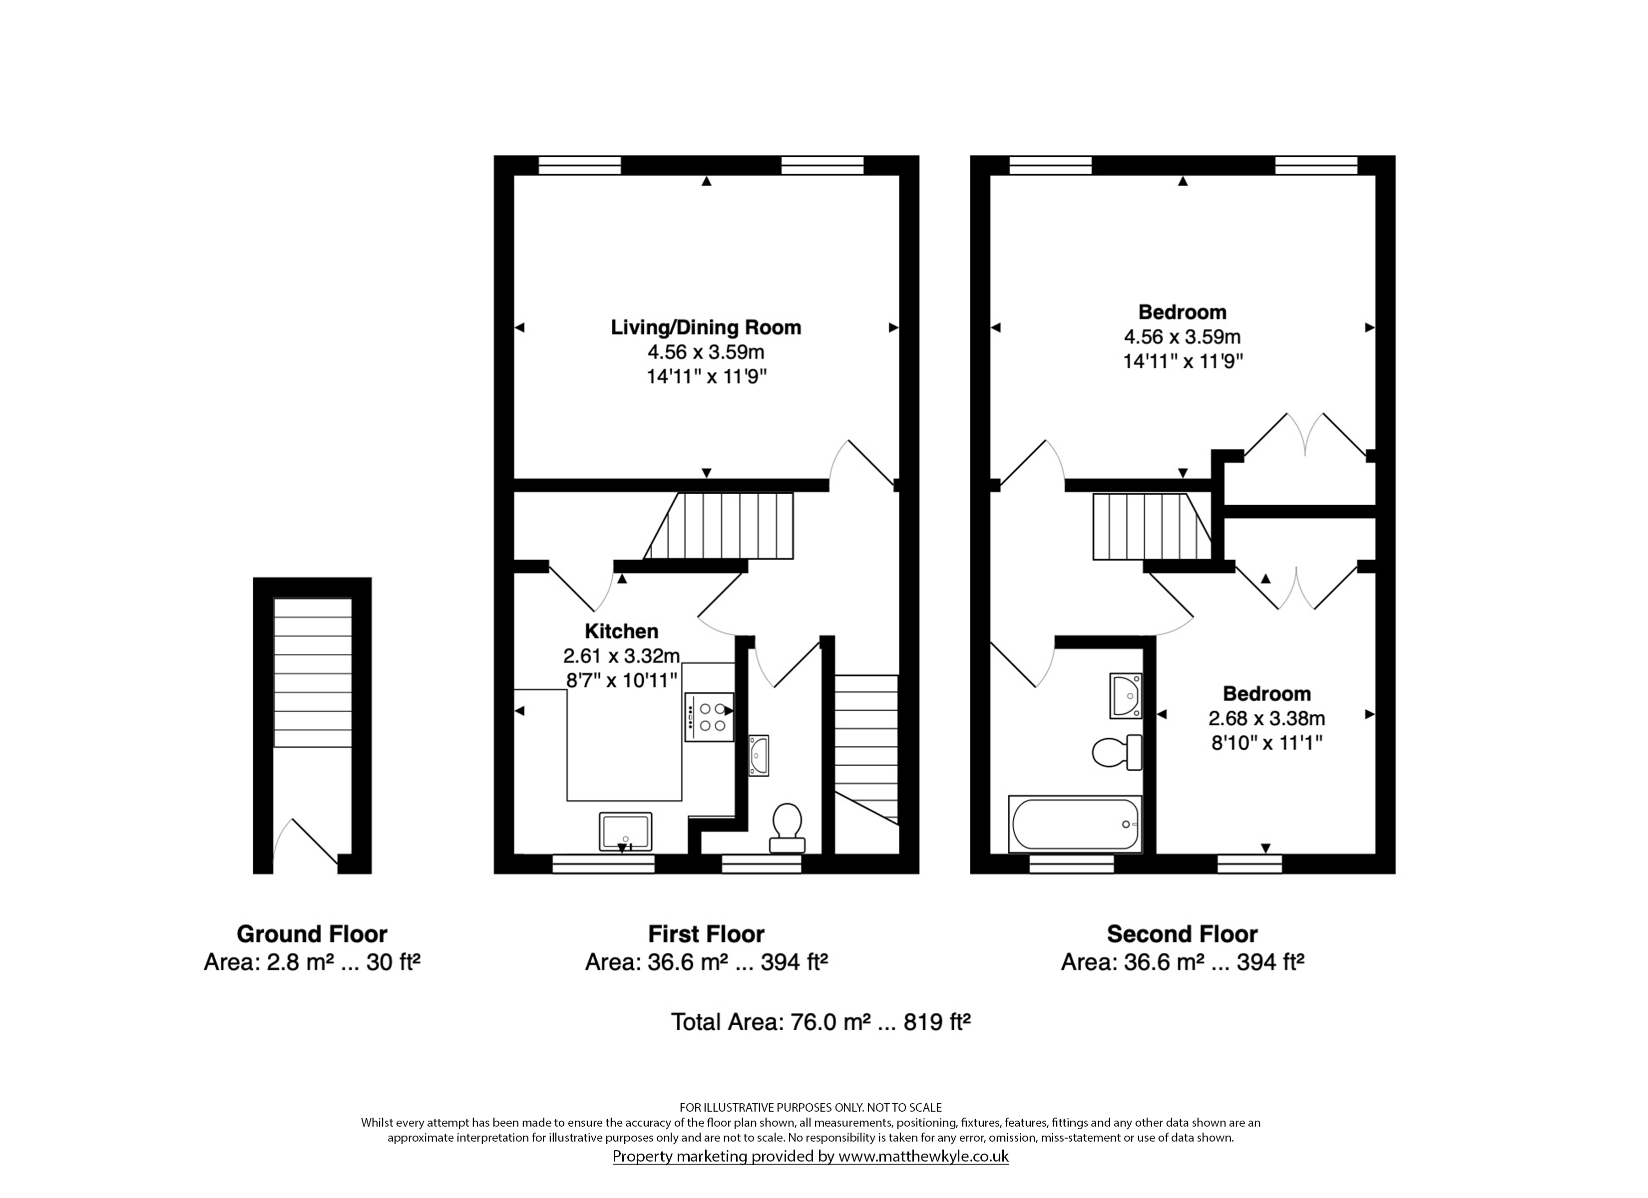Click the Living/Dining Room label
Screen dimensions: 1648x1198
click(706, 327)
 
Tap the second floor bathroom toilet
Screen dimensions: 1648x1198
click(1117, 752)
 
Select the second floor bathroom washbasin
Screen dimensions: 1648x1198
click(1126, 696)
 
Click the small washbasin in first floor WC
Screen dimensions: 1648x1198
click(759, 756)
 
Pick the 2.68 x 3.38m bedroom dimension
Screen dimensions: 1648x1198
click(1266, 718)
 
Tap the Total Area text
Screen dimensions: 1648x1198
click(821, 1022)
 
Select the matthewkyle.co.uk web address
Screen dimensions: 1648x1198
click(923, 1156)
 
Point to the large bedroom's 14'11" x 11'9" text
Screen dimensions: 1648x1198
click(1182, 361)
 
